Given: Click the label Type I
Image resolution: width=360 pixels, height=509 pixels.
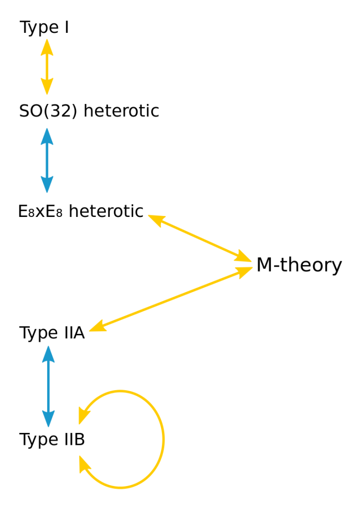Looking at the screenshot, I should (x=44, y=28).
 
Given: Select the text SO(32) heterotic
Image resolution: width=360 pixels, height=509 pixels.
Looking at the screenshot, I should (x=89, y=110).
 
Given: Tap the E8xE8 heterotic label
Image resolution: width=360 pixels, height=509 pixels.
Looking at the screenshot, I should (x=81, y=211).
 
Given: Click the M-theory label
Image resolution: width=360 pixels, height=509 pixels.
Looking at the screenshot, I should (x=299, y=265).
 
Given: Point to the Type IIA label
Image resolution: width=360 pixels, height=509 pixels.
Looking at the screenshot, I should (x=52, y=333).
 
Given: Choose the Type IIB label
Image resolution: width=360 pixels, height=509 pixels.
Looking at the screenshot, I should (x=52, y=440).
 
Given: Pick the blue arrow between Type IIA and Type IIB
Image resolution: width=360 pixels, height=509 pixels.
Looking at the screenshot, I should (x=48, y=386).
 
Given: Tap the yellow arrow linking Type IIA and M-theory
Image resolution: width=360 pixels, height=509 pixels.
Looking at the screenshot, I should (x=172, y=298).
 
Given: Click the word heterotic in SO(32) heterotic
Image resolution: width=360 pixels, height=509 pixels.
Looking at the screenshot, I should (x=121, y=110).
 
